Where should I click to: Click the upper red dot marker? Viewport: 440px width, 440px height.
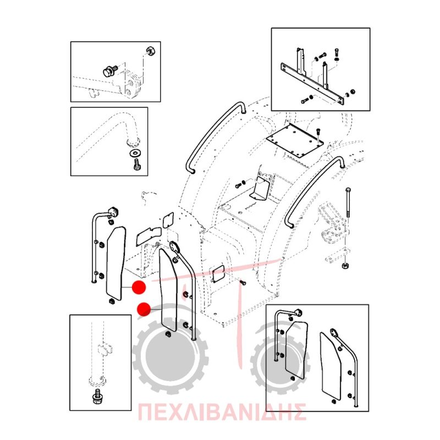click(139, 287)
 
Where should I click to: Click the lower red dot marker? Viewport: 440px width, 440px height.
click(144, 309)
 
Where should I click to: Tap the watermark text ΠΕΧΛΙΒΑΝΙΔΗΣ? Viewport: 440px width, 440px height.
click(222, 412)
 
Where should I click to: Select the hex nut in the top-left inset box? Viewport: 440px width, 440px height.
click(150, 51)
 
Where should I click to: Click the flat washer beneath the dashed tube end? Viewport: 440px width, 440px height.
click(135, 153)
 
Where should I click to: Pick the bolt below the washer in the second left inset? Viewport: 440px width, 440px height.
click(137, 164)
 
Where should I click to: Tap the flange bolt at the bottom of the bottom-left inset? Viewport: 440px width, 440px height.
click(97, 396)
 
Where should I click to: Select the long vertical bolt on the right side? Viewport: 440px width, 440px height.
click(348, 202)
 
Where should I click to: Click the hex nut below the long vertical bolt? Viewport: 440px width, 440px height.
click(345, 265)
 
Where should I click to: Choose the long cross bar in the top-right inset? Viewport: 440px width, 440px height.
click(311, 81)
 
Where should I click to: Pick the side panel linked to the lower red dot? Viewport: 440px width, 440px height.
click(168, 289)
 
